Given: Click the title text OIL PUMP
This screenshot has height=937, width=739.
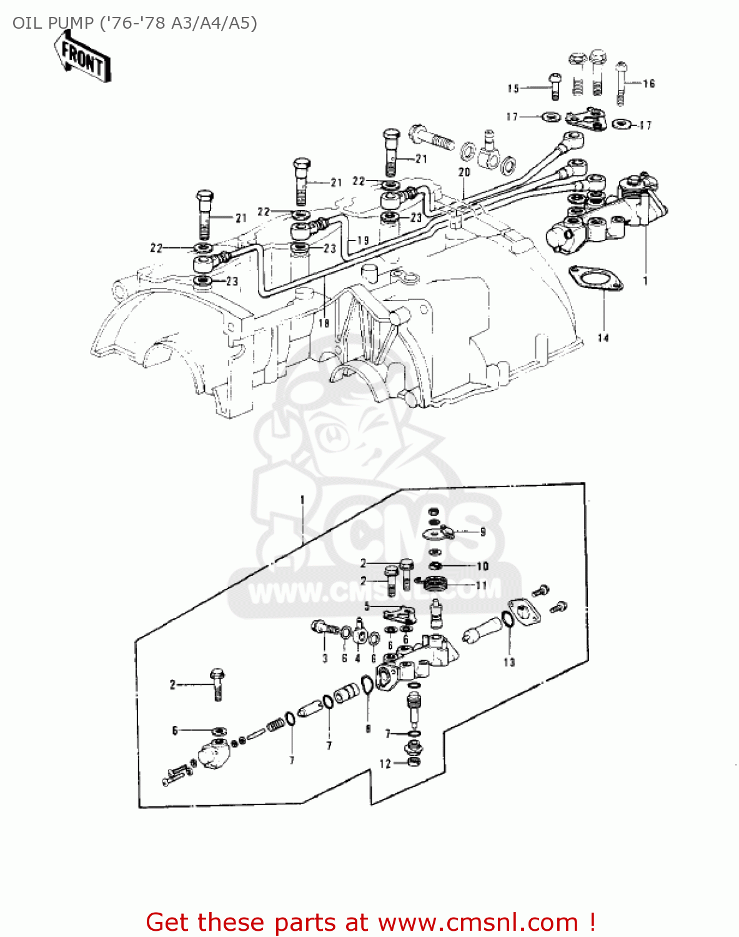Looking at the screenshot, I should click(x=52, y=24).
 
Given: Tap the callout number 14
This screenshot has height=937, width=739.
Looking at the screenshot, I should click(x=603, y=338).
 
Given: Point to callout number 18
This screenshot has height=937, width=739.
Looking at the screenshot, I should click(x=324, y=323).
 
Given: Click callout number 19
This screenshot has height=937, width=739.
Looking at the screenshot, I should click(x=363, y=240).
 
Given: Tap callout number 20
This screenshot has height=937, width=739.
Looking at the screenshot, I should click(x=464, y=172).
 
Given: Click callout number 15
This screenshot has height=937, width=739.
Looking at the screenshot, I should click(x=513, y=88).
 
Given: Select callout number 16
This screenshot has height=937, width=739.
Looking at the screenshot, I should click(x=649, y=84).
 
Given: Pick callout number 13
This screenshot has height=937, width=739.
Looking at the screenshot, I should click(x=509, y=662).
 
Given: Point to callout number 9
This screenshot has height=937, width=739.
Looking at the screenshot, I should click(x=483, y=532).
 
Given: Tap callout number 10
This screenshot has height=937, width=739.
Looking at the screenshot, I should click(x=483, y=566).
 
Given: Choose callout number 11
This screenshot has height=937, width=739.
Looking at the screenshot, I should click(x=482, y=585).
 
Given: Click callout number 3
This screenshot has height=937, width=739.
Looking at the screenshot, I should click(x=325, y=658).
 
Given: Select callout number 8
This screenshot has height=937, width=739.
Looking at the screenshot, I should click(x=368, y=728).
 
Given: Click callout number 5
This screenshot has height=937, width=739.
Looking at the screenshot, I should click(x=367, y=606).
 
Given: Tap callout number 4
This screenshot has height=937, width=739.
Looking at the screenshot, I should click(x=358, y=658).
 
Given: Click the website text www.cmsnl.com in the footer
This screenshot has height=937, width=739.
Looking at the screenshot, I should click(x=478, y=922).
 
